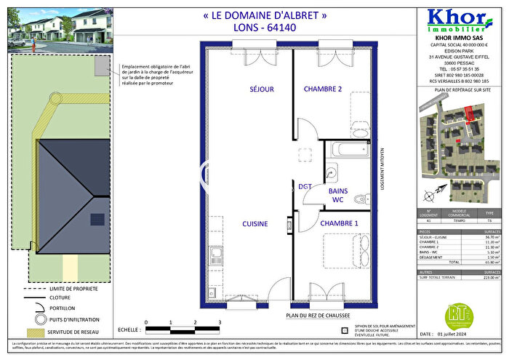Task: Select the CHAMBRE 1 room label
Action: click(340, 223)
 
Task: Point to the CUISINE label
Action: click(254, 223)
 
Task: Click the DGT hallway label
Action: click(305, 187)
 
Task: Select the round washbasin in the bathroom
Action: click(331, 173)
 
